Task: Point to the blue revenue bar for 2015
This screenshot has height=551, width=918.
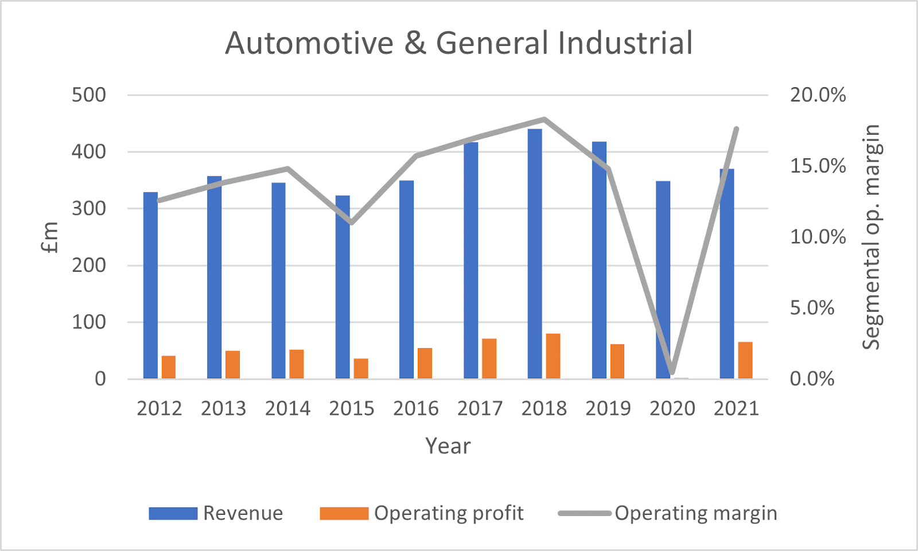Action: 343,287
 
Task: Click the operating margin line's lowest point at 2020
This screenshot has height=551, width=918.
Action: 672,373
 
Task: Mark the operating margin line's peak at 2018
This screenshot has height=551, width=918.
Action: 544,119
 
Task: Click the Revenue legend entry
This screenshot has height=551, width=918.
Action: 243,513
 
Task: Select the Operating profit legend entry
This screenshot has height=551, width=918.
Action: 448,513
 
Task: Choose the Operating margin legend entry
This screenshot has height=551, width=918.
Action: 695,513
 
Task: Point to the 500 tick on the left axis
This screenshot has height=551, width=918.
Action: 89,95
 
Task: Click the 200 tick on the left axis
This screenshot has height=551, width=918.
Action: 89,265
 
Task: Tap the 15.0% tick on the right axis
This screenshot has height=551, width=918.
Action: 818,166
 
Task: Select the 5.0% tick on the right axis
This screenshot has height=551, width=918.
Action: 812,308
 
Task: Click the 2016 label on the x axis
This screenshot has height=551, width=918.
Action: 415,409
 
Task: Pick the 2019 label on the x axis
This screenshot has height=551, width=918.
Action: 608,409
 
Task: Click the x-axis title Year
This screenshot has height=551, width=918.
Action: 448,446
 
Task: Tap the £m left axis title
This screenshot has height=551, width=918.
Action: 50,237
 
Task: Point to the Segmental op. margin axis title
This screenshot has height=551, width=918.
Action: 871,237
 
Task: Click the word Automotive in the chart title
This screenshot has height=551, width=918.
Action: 309,44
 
